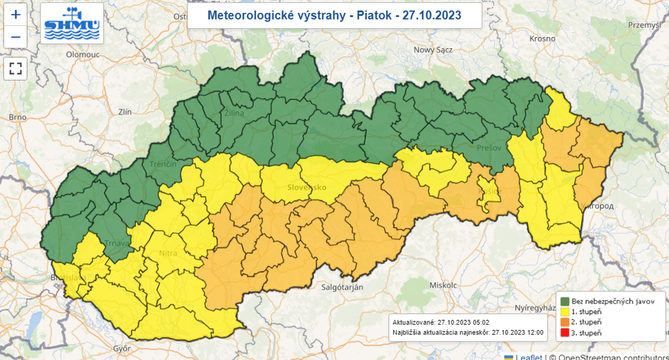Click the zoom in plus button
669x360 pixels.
click(16, 14)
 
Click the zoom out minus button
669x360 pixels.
click(16, 37)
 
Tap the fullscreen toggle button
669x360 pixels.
click(16, 68)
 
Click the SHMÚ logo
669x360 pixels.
click(71, 24)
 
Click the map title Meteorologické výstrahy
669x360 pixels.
click(334, 15)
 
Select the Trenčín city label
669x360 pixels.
click(163, 164)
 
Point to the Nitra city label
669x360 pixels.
click(168, 252)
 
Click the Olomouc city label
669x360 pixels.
click(83, 55)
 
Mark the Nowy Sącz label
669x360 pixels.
click(433, 50)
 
